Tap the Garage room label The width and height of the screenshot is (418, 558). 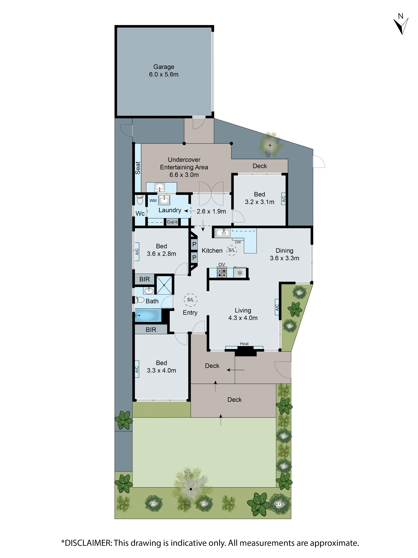(x=164, y=67)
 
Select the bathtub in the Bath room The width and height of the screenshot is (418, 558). (x=148, y=315)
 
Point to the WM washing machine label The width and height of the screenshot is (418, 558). (x=153, y=201)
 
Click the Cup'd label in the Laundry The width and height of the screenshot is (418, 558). (x=172, y=222)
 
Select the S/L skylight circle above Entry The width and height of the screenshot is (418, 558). (x=190, y=300)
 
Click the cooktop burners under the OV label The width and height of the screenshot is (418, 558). (x=222, y=273)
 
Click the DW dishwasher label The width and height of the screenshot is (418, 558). (x=238, y=242)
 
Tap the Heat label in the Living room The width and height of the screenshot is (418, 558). (x=244, y=344)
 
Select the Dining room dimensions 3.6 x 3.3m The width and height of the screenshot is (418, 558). (x=285, y=258)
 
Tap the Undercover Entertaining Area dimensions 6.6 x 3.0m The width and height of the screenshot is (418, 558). (x=184, y=175)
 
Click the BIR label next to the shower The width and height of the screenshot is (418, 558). (x=145, y=279)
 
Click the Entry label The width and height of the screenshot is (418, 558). (x=190, y=313)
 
